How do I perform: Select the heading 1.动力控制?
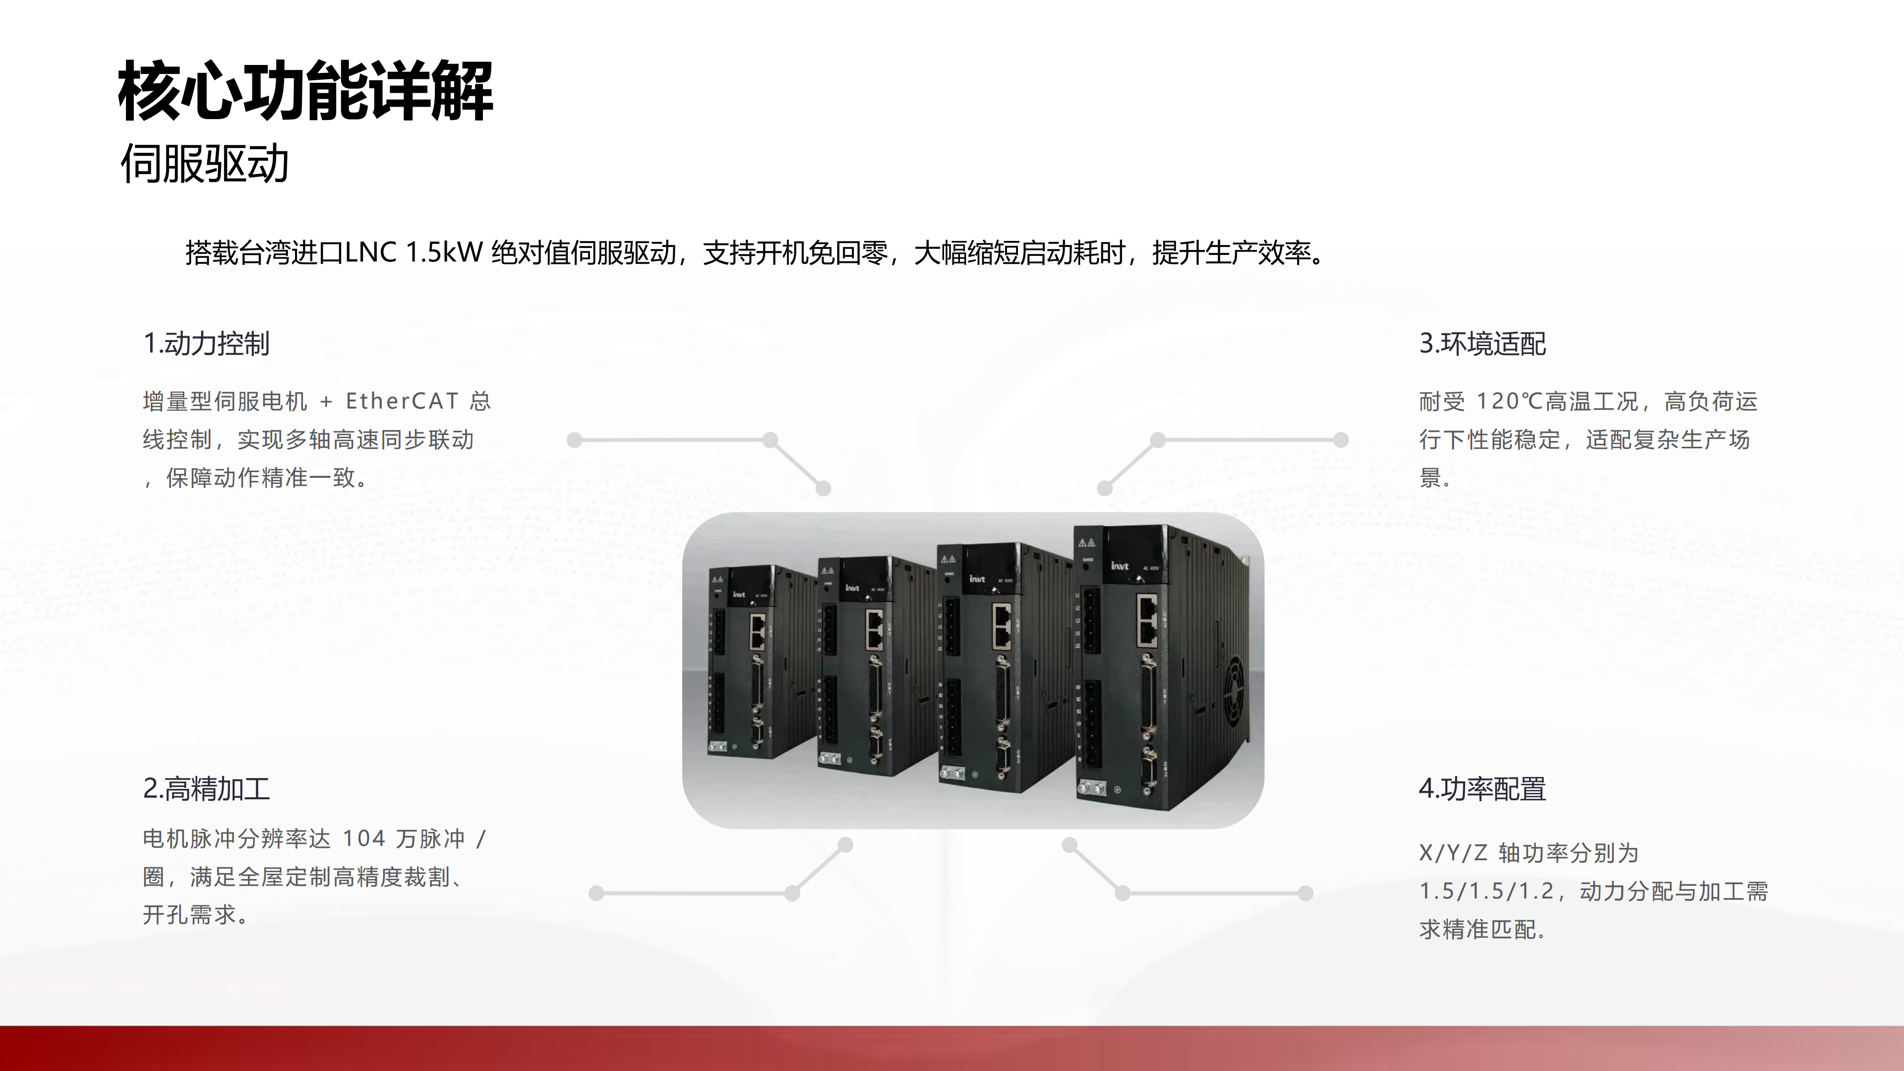coord(206,344)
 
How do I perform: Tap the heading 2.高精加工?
coord(206,789)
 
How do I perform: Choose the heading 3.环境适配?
coord(1483,344)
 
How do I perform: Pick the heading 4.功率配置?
coord(1483,789)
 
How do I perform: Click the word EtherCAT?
coord(403,401)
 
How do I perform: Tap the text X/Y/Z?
coord(1453,853)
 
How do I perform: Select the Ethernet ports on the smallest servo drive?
coord(758,632)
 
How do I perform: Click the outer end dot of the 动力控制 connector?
coord(574,440)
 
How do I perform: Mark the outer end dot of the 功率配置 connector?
coord(1306,893)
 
